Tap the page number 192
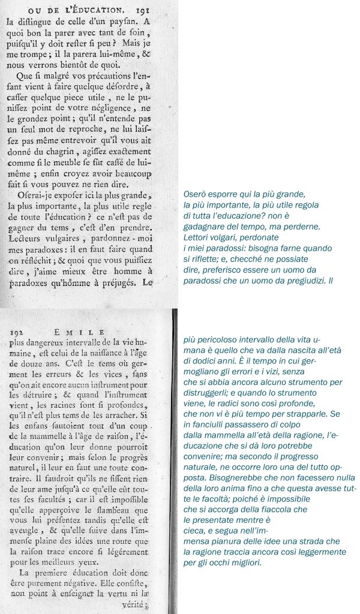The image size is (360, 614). coord(20,332)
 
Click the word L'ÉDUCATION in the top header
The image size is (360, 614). coord(91,8)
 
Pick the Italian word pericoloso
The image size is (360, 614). coord(220,339)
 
